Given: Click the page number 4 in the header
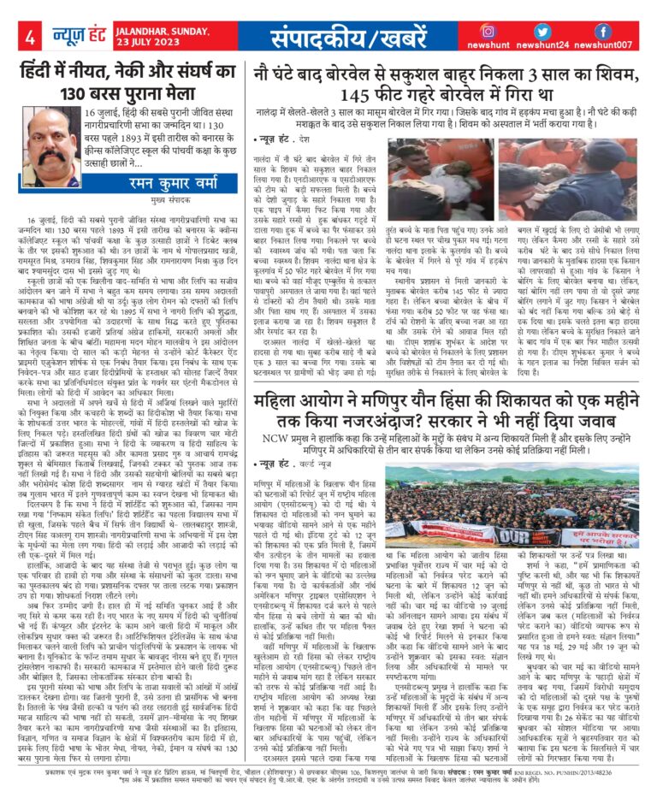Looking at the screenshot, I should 29,38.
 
